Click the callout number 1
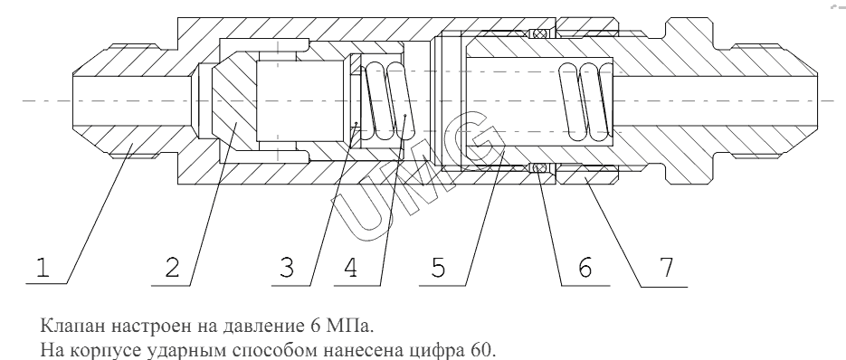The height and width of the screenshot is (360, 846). [x=43, y=268]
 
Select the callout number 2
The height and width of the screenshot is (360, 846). [x=172, y=267]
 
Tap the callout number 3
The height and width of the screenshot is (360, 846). [x=287, y=267]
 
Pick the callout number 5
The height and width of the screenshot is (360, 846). [x=438, y=267]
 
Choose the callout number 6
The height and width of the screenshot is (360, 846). [x=585, y=267]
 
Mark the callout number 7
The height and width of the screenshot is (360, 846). [x=667, y=267]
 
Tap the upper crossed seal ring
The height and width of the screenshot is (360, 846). [x=538, y=33]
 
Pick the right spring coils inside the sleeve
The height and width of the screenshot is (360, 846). [x=586, y=101]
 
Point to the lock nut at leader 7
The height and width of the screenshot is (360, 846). [x=587, y=174]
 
